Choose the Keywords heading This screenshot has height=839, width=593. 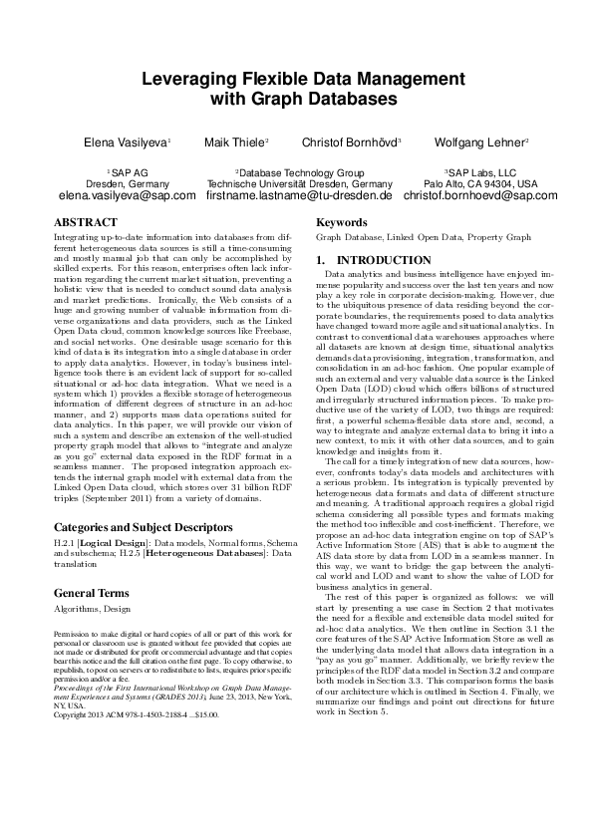coord(341,223)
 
